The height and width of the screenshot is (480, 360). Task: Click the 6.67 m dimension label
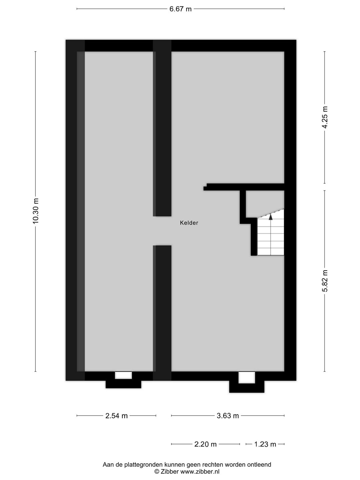(180, 9)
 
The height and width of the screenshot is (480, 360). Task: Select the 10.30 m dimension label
(36, 211)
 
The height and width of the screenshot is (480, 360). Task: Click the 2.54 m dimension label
(116, 416)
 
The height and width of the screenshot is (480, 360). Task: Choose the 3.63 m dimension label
(228, 416)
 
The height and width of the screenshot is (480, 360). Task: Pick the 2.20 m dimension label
(205, 444)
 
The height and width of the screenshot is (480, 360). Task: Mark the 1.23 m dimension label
(265, 444)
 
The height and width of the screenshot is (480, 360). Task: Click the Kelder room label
(189, 223)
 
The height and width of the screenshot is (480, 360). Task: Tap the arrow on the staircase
(271, 217)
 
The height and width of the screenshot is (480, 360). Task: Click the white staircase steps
(271, 238)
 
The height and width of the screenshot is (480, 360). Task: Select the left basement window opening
(123, 375)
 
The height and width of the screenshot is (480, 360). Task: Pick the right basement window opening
(247, 378)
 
